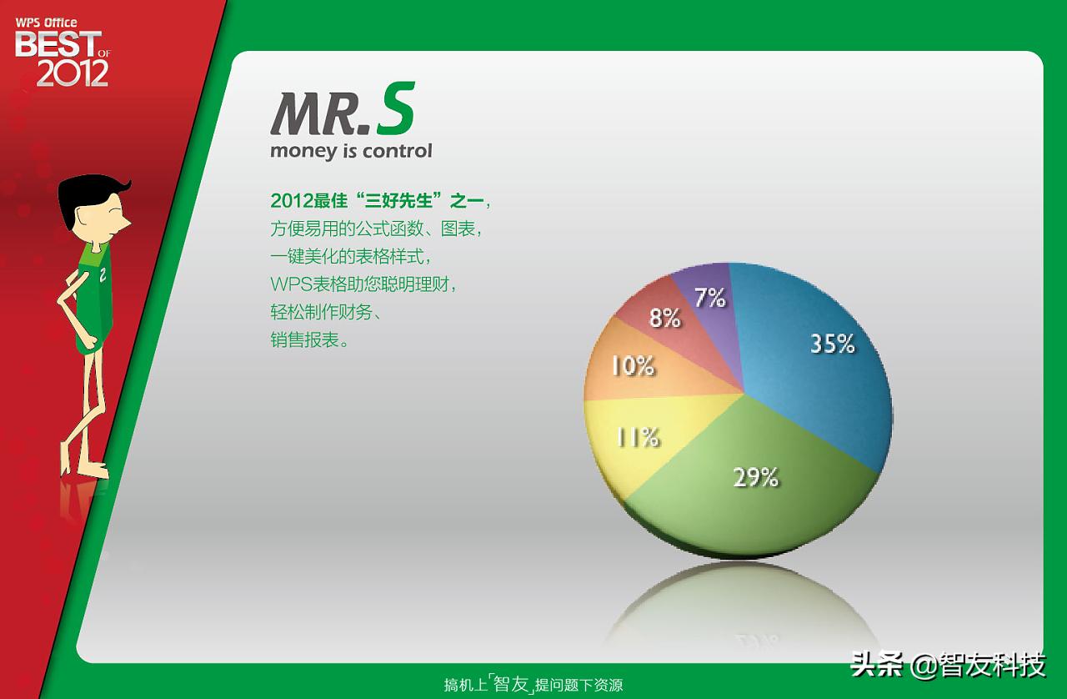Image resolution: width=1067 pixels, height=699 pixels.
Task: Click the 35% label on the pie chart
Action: [x=833, y=344]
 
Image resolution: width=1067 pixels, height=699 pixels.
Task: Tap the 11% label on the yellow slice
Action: [x=638, y=437]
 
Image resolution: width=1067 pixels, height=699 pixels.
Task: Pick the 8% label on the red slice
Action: [x=665, y=317]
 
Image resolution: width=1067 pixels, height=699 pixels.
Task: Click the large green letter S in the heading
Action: [x=394, y=114]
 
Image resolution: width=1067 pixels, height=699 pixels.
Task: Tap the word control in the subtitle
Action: [x=398, y=151]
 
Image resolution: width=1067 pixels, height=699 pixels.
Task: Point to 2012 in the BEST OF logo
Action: [x=73, y=73]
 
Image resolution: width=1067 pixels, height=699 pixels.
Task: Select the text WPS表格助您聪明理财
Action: [x=364, y=284]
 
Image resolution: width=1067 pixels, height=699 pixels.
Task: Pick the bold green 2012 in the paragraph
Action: [x=291, y=201]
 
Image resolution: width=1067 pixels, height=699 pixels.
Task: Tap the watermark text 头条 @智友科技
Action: [x=948, y=665]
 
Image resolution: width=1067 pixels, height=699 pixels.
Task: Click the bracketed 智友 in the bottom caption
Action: [x=511, y=685]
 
